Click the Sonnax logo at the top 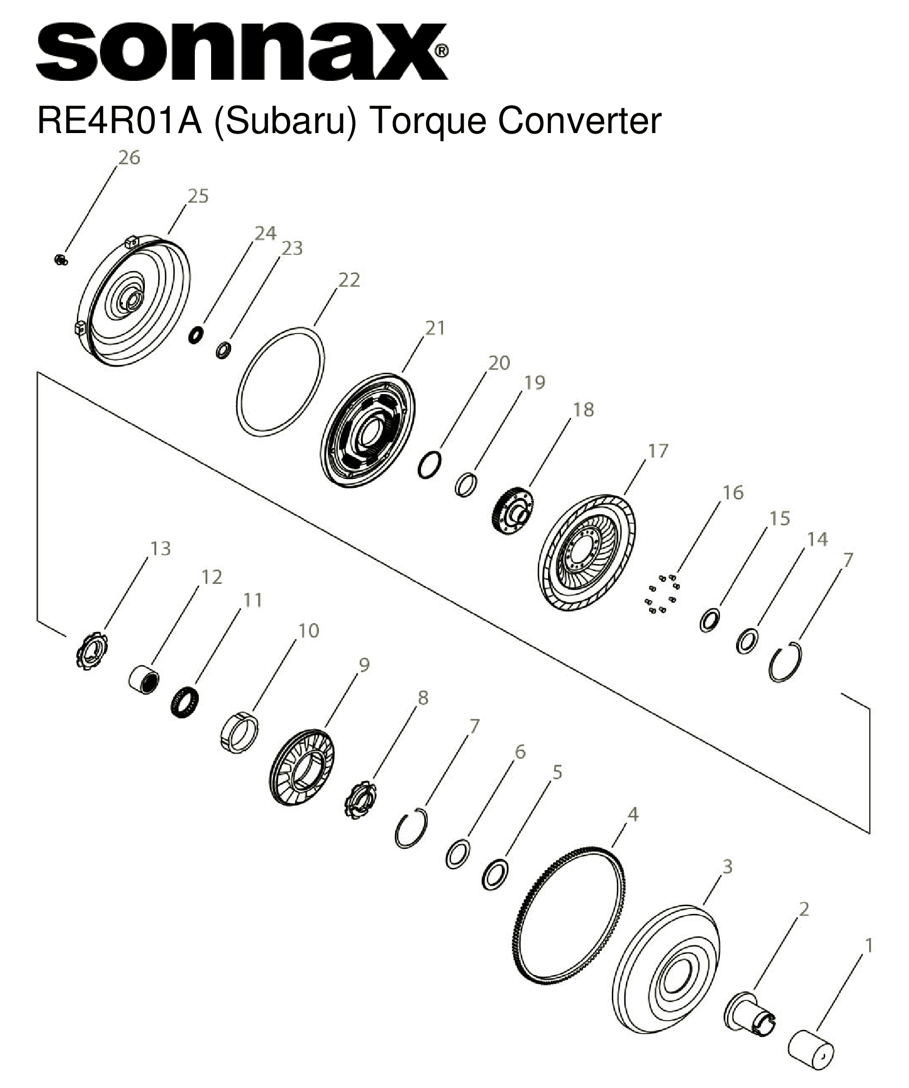pos(241,52)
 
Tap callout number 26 pos(129,158)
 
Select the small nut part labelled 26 pos(61,259)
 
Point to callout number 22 pos(349,280)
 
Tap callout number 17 pos(658,451)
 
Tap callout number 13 pos(160,548)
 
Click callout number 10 pos(308,630)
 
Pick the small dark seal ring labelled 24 pos(195,336)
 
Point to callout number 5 pos(557,772)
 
